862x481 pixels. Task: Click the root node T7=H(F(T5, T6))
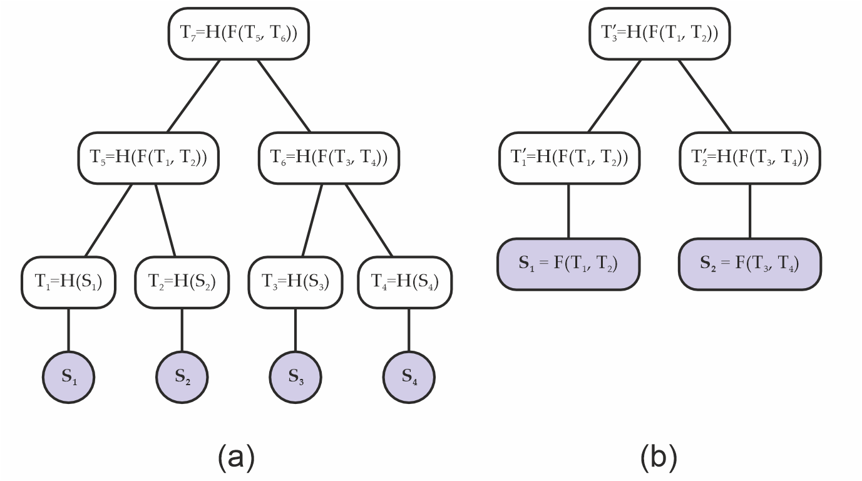pyautogui.click(x=239, y=34)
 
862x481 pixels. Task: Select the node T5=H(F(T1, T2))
pyautogui.click(x=148, y=158)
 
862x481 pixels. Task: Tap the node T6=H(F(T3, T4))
pyautogui.click(x=329, y=158)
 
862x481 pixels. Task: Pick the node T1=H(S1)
pyautogui.click(x=68, y=282)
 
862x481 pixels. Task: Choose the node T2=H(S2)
pyautogui.click(x=182, y=282)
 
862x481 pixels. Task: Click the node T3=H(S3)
pyautogui.click(x=295, y=282)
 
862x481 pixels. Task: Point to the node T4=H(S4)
pyautogui.click(x=405, y=282)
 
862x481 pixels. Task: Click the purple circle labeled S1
pyautogui.click(x=68, y=377)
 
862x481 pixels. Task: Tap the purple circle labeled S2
pyautogui.click(x=182, y=377)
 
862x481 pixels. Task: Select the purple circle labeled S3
pyautogui.click(x=295, y=377)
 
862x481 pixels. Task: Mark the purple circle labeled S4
pyautogui.click(x=409, y=377)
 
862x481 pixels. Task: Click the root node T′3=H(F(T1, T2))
pyautogui.click(x=660, y=34)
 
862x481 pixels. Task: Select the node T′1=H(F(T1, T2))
pyautogui.click(x=568, y=158)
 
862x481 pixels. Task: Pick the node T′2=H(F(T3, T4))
pyautogui.click(x=749, y=158)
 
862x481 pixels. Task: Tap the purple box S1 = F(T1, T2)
pyautogui.click(x=568, y=264)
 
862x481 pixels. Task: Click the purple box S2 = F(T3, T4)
pyautogui.click(x=749, y=264)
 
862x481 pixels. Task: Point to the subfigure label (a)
pyautogui.click(x=236, y=457)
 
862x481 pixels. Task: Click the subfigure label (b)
pyautogui.click(x=659, y=457)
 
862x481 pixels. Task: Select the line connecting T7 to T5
pyautogui.click(x=194, y=95)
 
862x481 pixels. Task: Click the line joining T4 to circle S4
pyautogui.click(x=409, y=330)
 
